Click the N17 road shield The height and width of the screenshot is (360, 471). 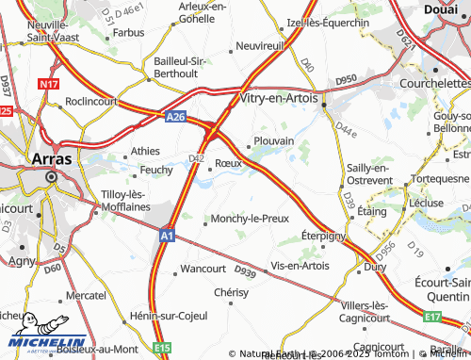pos(49,85)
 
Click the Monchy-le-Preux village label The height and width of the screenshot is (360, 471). pos(248,219)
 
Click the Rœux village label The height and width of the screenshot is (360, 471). pos(229,163)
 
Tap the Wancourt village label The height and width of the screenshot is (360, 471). pos(203,270)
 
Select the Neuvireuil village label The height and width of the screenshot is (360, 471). pos(260,45)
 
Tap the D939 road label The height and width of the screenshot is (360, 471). pos(245,272)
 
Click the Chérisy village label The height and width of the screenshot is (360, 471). pos(231,293)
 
